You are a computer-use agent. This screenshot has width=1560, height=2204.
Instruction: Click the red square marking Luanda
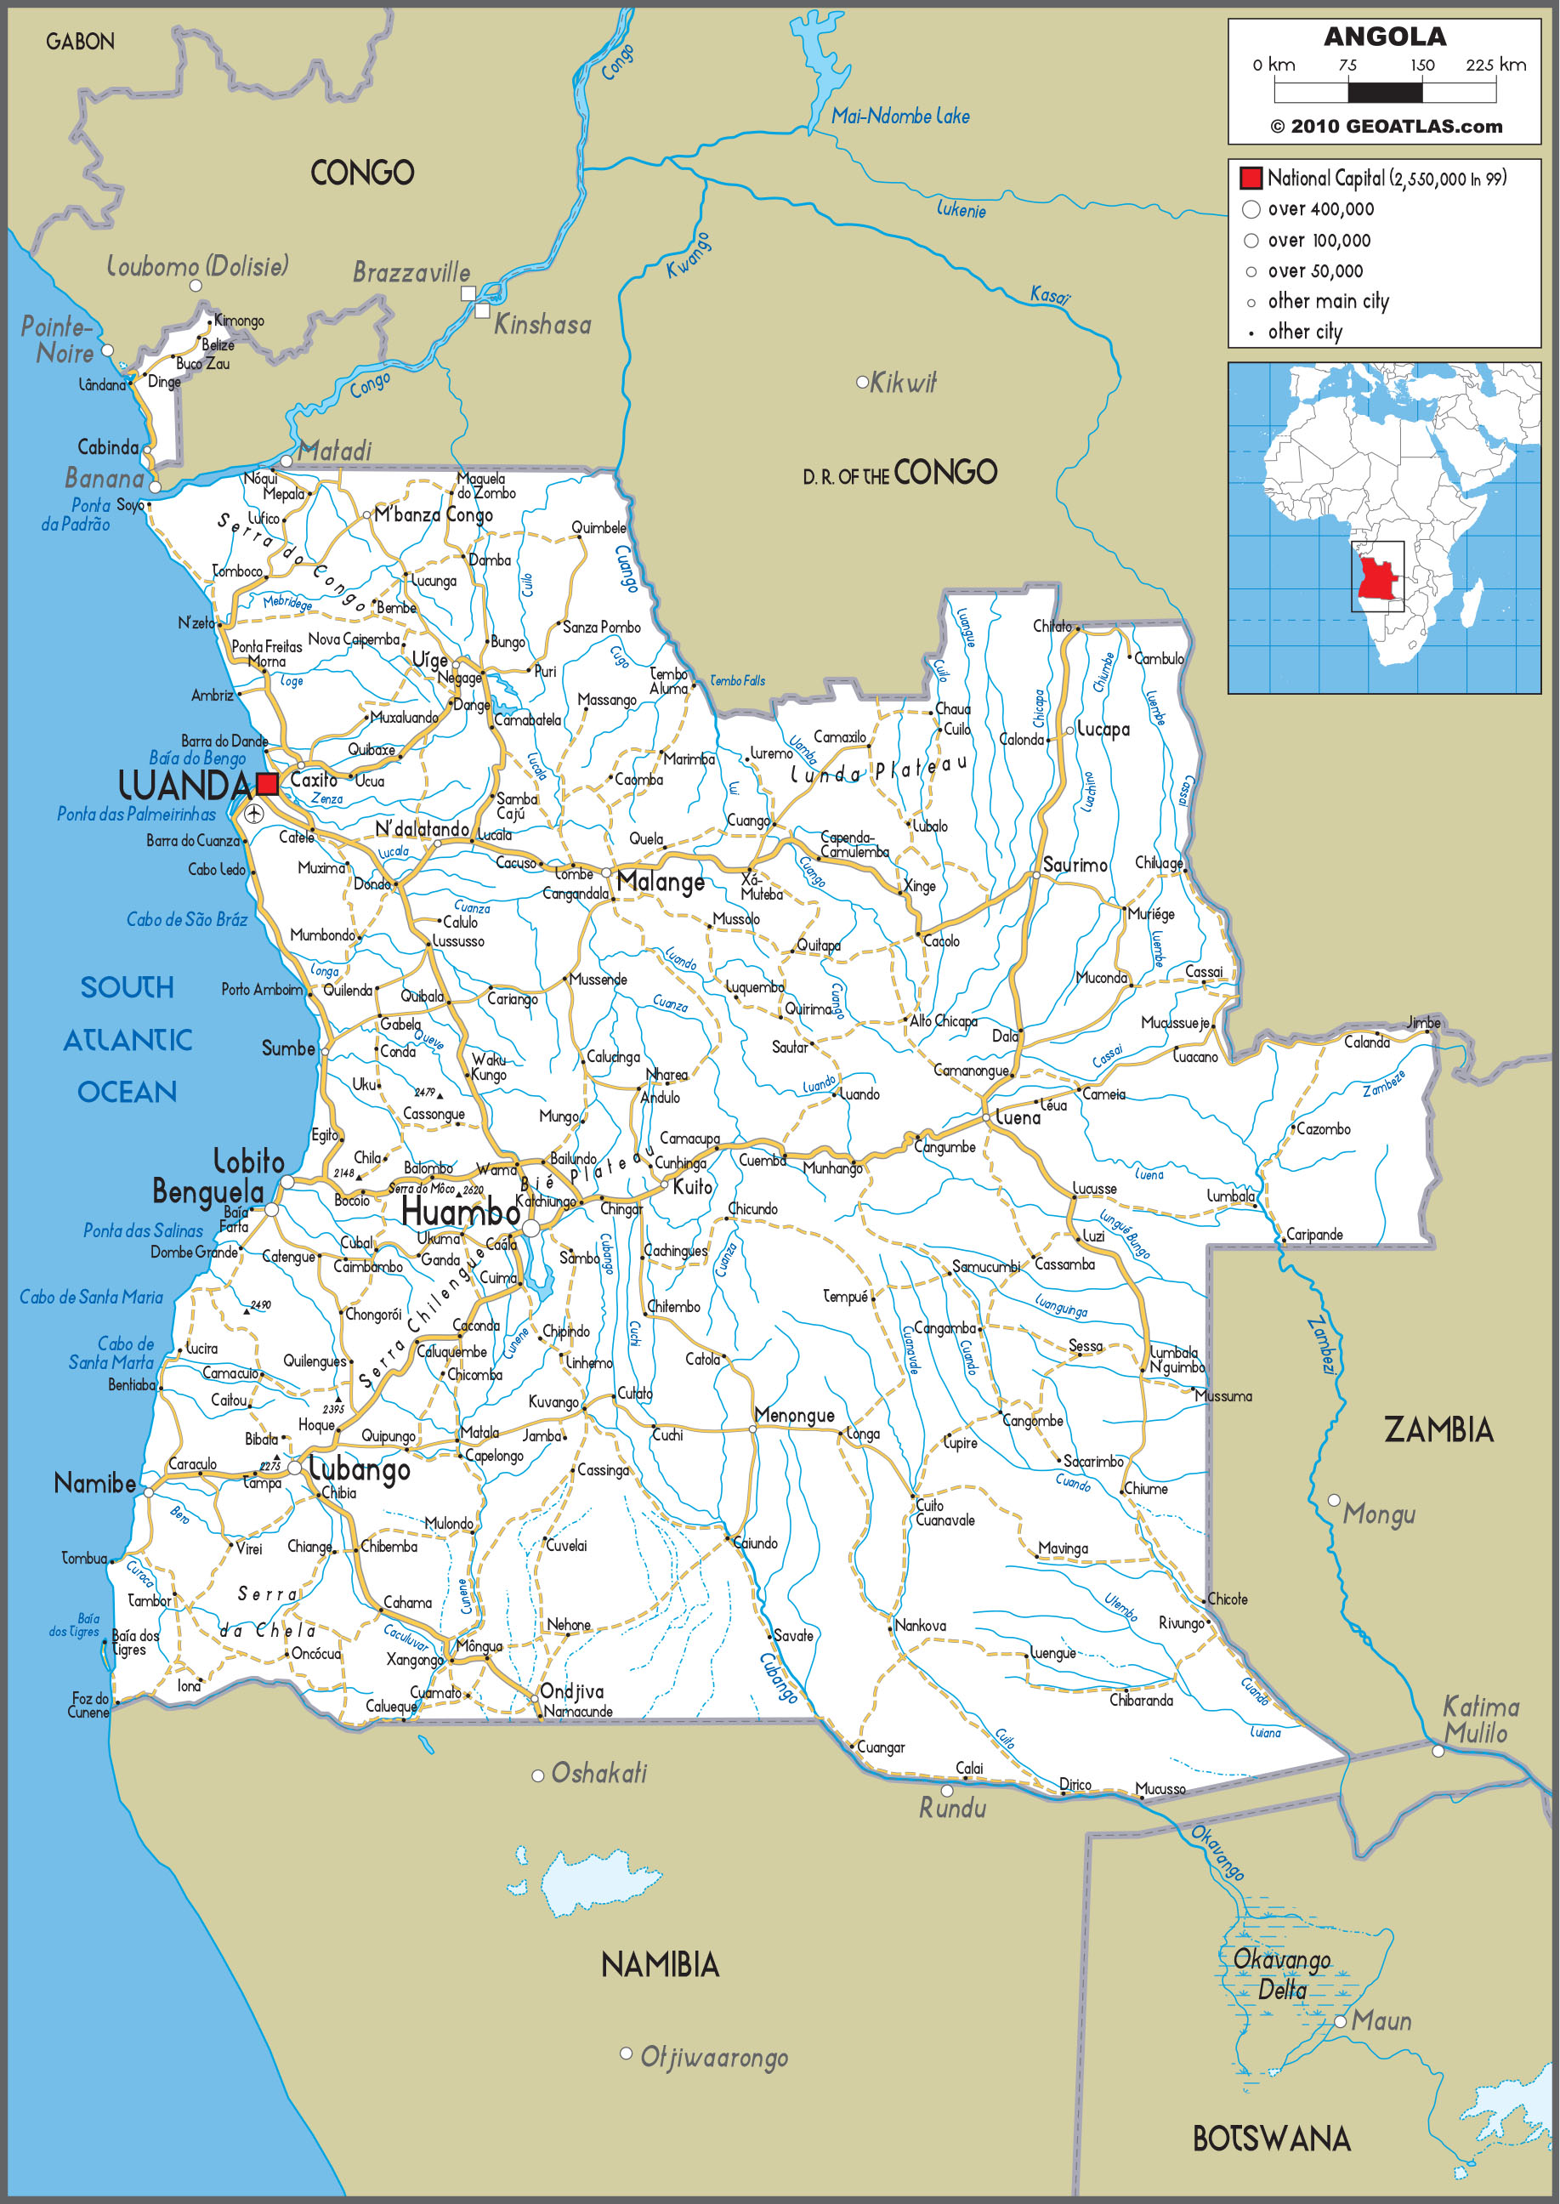pos(267,783)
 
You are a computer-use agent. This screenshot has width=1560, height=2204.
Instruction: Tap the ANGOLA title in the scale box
pos(1384,37)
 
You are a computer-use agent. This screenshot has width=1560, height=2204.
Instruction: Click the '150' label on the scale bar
pos(1421,65)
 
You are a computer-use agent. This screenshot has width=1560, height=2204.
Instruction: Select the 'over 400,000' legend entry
pos(1320,209)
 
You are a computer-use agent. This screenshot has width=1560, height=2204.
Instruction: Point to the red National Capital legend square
pos(1250,178)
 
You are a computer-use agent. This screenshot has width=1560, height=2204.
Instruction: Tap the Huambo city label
pos(460,1213)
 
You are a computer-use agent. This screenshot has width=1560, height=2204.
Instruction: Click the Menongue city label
pos(794,1414)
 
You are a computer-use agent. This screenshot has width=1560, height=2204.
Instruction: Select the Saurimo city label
pos(1075,865)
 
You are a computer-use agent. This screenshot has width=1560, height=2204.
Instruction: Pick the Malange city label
pos(660,882)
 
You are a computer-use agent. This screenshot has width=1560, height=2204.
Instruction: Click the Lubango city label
pos(360,1469)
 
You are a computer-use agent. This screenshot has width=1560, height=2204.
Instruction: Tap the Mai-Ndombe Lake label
pos(900,116)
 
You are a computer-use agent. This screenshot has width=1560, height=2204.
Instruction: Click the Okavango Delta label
pos(1281,1974)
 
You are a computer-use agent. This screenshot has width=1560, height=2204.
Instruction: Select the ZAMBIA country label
pos(1438,1429)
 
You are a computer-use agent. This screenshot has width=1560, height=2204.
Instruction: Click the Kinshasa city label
pos(542,325)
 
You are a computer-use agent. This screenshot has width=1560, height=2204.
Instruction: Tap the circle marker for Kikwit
pos(862,383)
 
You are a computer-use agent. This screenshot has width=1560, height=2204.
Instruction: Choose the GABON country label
pos(80,42)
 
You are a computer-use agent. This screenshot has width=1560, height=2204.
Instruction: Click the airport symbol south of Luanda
pos(253,815)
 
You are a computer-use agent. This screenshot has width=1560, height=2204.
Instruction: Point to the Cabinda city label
pos(108,446)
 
